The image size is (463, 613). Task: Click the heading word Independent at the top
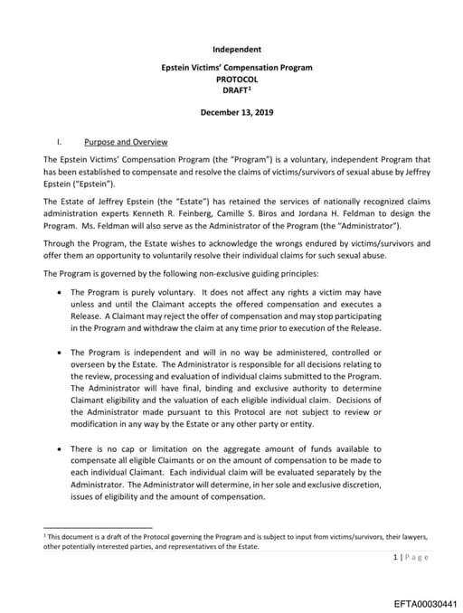[236, 48]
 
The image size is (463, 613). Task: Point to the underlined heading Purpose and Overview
[125, 142]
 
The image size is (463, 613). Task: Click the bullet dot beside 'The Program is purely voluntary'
[59, 292]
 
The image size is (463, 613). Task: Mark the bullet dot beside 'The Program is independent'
[59, 352]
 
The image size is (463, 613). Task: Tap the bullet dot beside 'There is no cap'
[59, 448]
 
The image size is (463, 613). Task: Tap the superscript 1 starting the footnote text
[45, 534]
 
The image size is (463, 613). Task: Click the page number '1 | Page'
[411, 556]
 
